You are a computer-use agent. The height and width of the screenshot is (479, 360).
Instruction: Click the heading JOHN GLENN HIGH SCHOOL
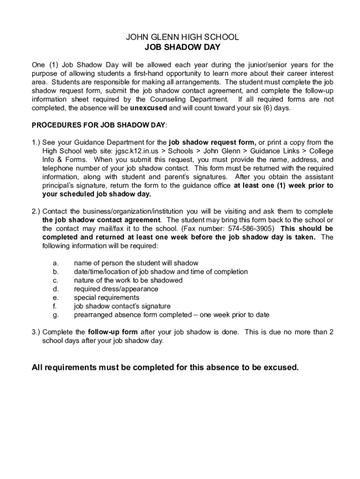(182, 37)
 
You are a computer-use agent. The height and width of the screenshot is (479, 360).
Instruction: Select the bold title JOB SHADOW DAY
(182, 47)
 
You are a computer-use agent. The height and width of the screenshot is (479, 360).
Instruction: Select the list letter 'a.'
(55, 263)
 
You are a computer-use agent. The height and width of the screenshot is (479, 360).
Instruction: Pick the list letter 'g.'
(55, 315)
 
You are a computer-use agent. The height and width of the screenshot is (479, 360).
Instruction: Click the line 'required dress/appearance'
(116, 289)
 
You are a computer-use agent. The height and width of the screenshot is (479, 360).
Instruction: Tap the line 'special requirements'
(107, 298)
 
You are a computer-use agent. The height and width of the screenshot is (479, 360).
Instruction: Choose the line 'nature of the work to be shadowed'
(128, 280)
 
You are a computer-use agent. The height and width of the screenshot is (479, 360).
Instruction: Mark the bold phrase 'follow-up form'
(113, 332)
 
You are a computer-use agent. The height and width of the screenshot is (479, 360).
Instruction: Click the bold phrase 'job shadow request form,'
(212, 143)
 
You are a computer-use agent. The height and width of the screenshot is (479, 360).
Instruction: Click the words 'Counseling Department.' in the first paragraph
(189, 100)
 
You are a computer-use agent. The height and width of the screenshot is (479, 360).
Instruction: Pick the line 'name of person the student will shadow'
(136, 263)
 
